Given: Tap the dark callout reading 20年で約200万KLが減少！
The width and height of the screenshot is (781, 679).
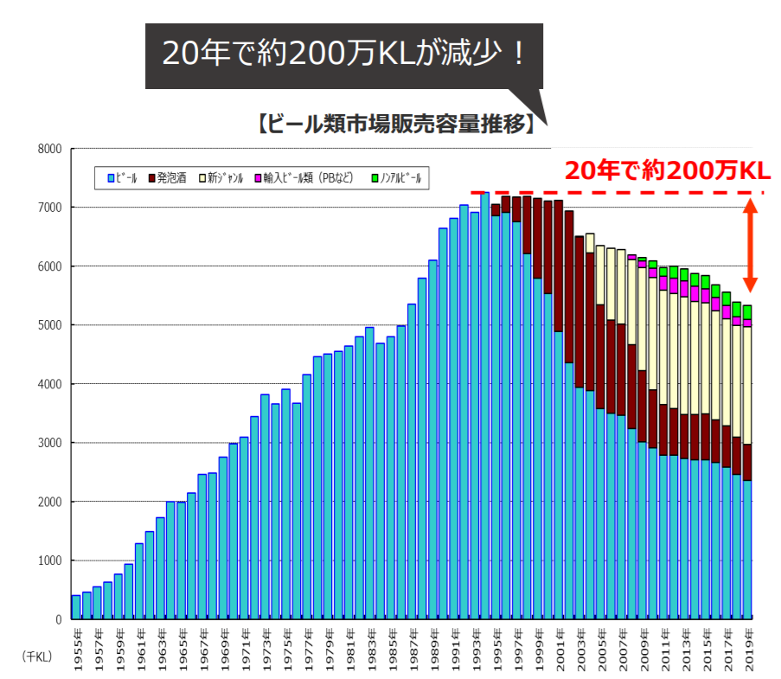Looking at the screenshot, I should click(343, 54).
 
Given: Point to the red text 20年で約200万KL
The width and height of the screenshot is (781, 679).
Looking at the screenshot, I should click(667, 171).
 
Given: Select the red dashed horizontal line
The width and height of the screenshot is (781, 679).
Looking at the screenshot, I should click(605, 192).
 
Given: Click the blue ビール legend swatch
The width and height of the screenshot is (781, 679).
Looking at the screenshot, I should click(111, 178).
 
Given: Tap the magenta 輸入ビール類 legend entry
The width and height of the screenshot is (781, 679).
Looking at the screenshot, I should click(302, 178).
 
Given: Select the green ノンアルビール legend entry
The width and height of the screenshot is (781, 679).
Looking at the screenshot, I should click(397, 178).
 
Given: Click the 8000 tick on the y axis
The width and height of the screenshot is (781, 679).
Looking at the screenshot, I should click(49, 149).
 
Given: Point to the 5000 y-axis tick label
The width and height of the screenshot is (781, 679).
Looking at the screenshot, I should click(49, 325).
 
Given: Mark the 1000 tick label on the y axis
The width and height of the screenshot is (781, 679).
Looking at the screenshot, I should click(49, 560).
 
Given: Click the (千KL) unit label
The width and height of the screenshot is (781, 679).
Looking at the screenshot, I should click(37, 657).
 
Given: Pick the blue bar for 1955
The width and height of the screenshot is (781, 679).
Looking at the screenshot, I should click(76, 607).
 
